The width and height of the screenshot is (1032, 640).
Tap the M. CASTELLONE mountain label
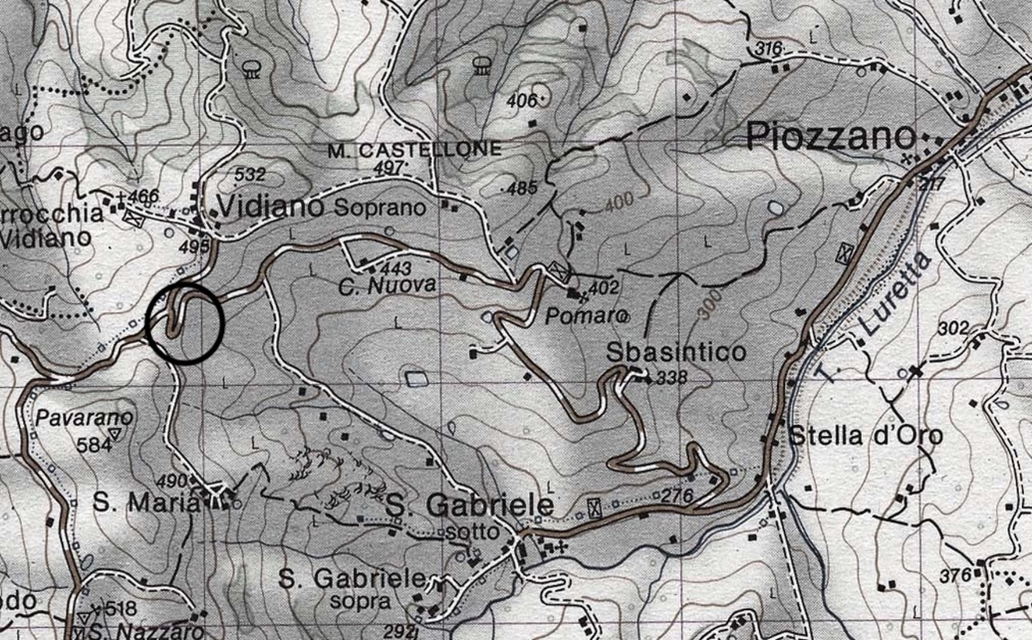414,150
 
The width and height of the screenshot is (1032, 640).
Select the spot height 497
389,167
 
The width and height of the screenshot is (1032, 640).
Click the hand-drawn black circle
185,323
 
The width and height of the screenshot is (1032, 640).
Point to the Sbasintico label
675,352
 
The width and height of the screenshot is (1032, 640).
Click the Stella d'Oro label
865,436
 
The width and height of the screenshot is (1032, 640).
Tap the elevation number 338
672,379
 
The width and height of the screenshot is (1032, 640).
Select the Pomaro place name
585,316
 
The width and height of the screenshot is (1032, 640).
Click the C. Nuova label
387,286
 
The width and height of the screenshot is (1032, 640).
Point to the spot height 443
396,268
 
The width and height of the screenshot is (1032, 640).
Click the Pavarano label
84,417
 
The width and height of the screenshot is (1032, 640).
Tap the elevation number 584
94,445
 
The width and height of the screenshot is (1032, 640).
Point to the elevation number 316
768,49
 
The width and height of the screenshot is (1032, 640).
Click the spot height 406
521,101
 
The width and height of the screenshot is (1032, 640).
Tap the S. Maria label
145,503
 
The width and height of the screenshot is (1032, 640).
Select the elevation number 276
678,496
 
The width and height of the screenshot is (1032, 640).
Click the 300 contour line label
709,305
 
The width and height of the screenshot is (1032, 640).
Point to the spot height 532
250,174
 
